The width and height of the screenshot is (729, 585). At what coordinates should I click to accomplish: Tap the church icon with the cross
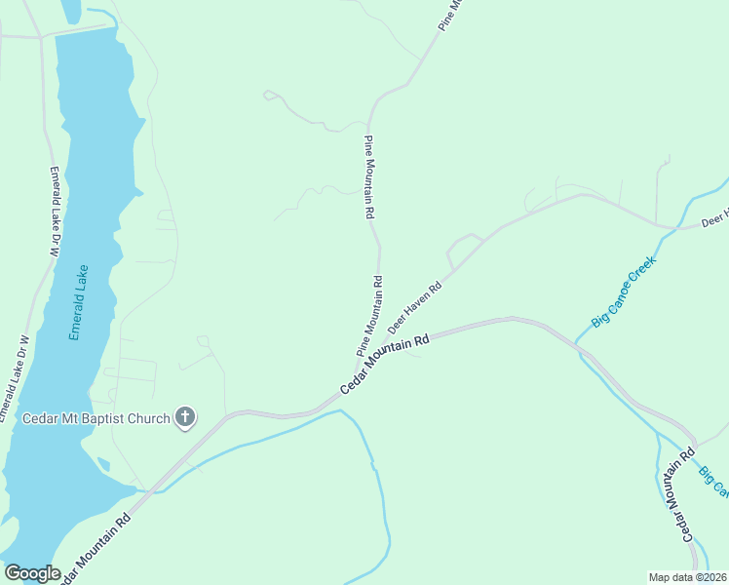pyautogui.click(x=185, y=419)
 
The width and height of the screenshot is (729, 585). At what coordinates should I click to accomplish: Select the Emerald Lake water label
pyautogui.click(x=79, y=302)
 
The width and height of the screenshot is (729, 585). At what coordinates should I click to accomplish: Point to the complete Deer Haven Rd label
pyautogui.click(x=415, y=306)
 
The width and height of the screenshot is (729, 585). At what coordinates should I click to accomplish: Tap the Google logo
pyautogui.click(x=32, y=573)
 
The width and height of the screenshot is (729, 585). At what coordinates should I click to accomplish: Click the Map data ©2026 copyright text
pyautogui.click(x=688, y=576)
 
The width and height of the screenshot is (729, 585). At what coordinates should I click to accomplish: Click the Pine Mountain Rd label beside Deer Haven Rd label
pyautogui.click(x=369, y=315)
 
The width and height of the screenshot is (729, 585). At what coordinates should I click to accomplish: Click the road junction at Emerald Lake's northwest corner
pyautogui.click(x=40, y=37)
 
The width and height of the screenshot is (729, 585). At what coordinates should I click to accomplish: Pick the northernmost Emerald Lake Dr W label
pyautogui.click(x=55, y=212)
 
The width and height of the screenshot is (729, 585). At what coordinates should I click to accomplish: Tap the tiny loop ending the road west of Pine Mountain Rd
pyautogui.click(x=269, y=95)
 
